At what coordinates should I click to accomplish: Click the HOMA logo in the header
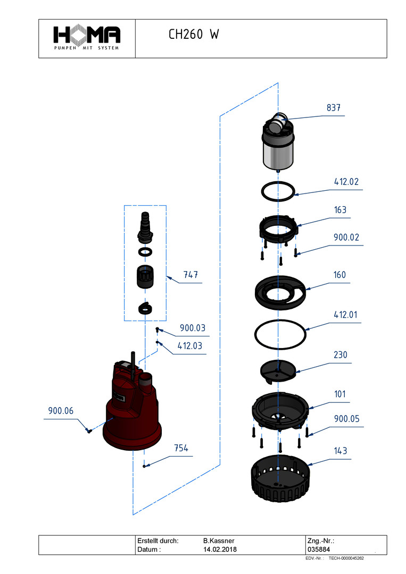point(87,37)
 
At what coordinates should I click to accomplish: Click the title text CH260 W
point(193,35)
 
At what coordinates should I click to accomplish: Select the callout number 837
point(334,108)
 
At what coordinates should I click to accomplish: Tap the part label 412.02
point(346,182)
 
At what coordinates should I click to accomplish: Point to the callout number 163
point(340,210)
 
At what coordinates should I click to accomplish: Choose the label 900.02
point(346,238)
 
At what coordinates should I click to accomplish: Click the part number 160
point(339,275)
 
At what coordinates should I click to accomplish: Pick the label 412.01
point(346,315)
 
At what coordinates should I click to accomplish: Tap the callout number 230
point(340,354)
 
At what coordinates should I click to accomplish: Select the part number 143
point(340,451)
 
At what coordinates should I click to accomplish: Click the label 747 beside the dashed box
point(190,275)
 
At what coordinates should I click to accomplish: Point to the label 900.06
point(61,410)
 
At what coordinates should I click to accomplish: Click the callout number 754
point(181,448)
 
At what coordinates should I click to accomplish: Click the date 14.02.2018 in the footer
point(220,549)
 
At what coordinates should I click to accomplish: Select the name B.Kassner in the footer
point(219,541)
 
